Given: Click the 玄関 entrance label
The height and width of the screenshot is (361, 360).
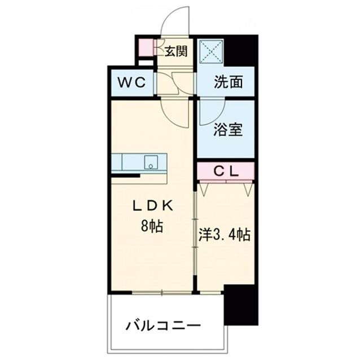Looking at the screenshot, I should tap(176, 52).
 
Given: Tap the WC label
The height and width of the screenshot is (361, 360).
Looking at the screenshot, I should tap(132, 82).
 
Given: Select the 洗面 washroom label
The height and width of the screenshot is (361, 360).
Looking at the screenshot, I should tap(228, 82).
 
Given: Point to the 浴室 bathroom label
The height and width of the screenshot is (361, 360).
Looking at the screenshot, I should tap(228, 130).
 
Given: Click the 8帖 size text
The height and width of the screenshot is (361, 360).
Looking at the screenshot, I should tap(152, 227).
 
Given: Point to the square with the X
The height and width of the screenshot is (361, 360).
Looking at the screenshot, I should tap(209, 52).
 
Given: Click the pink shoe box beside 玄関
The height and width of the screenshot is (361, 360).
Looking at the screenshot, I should tap(145, 48).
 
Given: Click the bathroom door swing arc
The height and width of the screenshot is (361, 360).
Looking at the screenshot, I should tap(212, 110).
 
